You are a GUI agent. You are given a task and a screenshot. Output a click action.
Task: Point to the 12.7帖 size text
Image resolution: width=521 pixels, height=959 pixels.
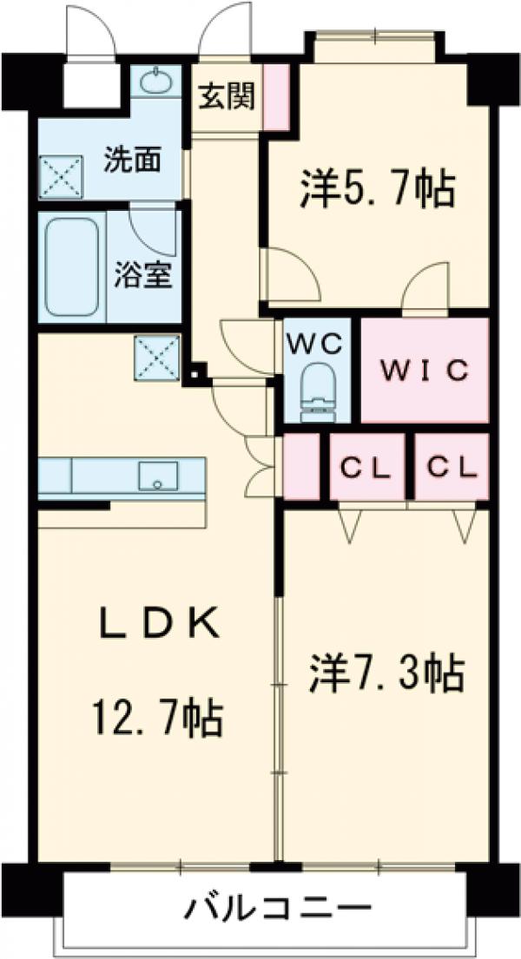pyautogui.click(x=156, y=717)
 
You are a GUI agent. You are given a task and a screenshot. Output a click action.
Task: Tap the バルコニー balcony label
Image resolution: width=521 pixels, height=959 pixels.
pyautogui.click(x=277, y=911)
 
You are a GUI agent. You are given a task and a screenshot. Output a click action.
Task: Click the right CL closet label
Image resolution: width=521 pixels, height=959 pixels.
pyautogui.click(x=452, y=468)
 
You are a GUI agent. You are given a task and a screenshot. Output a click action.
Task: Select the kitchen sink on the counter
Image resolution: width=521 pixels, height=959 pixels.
pyautogui.click(x=158, y=476)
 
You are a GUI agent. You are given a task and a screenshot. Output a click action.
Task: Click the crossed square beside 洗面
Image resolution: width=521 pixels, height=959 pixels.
pyautogui.click(x=61, y=177)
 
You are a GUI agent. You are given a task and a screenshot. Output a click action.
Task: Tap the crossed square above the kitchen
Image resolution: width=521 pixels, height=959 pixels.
pyautogui.click(x=157, y=357)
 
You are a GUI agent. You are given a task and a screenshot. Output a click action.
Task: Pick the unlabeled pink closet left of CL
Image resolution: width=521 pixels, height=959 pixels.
pyautogui.click(x=302, y=467)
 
